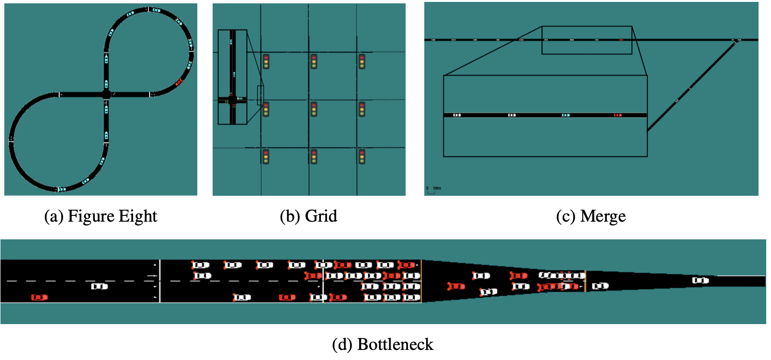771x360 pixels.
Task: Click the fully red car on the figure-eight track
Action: point(179,82)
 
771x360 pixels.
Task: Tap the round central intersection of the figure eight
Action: point(106,94)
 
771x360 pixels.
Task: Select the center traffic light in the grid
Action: point(314,109)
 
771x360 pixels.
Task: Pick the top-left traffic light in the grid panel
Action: point(266,61)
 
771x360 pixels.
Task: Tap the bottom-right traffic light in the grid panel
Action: point(362,157)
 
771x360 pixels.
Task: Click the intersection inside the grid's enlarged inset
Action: point(232,100)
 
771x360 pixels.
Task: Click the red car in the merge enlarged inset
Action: point(618,115)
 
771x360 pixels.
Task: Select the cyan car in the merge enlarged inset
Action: point(566,115)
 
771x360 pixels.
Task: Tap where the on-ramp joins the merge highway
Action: point(737,41)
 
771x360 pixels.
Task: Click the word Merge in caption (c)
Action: point(603,216)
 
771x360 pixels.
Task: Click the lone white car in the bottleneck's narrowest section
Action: point(700,281)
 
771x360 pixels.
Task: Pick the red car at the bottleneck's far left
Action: point(39,297)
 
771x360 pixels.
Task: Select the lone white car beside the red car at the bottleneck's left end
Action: point(99,286)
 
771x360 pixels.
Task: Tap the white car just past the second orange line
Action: point(600,286)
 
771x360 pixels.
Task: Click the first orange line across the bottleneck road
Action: point(421,281)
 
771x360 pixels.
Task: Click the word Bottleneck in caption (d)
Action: point(395,345)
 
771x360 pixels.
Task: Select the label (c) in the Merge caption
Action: point(565,216)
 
